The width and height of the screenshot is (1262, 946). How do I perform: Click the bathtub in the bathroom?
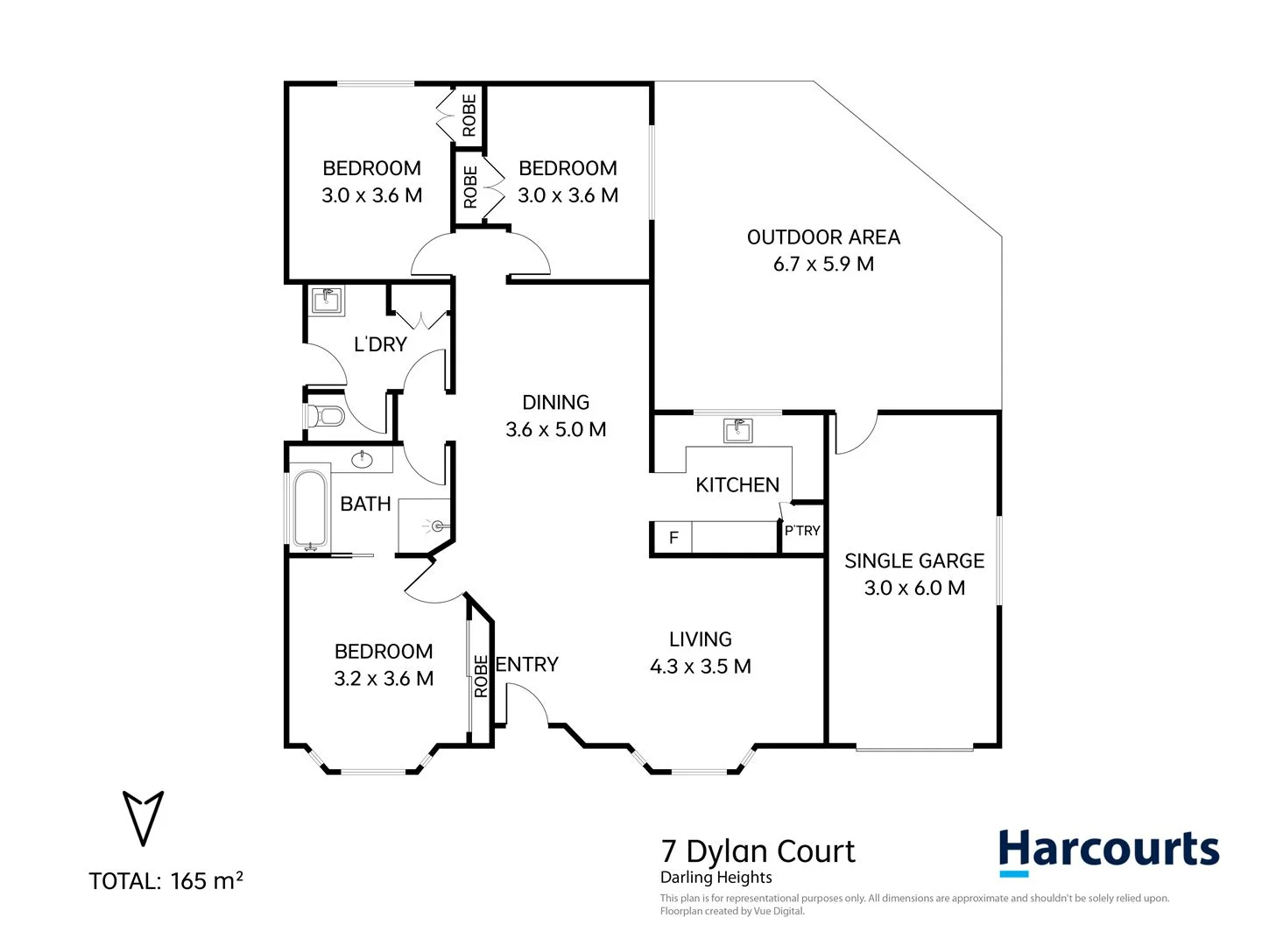point(309,509)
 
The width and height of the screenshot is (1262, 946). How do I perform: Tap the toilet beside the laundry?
point(325,414)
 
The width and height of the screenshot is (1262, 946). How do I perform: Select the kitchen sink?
point(737,430)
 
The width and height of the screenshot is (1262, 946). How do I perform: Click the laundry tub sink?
point(328,300)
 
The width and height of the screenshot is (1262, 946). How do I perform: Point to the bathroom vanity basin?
point(363,459)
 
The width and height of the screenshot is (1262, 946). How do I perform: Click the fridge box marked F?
point(673,537)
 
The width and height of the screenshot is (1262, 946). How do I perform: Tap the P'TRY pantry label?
point(802,531)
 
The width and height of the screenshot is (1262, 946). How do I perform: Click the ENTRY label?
point(527,665)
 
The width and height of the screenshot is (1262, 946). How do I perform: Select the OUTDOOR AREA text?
point(823,237)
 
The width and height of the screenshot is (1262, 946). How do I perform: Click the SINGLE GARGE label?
point(914,561)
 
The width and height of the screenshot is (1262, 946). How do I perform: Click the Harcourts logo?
point(1109,851)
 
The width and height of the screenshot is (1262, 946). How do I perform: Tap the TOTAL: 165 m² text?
point(166,880)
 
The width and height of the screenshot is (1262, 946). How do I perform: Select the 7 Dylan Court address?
point(758,851)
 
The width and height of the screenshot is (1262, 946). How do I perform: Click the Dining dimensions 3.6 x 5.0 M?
point(556,429)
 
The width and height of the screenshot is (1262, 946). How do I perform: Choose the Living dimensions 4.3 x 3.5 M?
point(701,667)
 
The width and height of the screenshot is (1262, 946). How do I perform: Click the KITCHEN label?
point(737,485)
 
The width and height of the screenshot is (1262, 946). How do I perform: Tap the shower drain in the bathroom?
point(437,526)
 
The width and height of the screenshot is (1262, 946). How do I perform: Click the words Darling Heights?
point(716,878)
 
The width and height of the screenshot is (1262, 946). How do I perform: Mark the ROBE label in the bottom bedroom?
point(481,676)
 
